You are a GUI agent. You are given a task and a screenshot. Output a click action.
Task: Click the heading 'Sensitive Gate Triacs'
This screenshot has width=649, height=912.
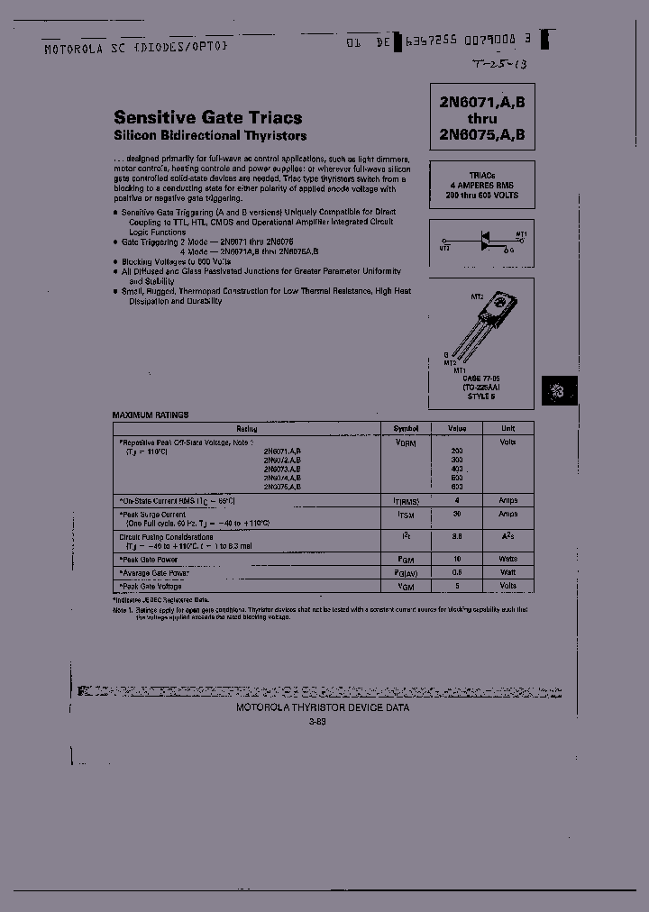click(207, 117)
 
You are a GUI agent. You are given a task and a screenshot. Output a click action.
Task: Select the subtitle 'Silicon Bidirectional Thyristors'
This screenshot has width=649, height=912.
click(210, 136)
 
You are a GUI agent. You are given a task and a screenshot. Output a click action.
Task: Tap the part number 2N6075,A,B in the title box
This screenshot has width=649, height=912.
click(482, 135)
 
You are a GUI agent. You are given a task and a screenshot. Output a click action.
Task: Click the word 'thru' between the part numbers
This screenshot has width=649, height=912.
click(482, 119)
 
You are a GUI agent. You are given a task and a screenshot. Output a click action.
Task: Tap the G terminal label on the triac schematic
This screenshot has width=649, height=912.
click(512, 250)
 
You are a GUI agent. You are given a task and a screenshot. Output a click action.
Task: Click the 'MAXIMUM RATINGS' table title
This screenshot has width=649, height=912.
click(151, 415)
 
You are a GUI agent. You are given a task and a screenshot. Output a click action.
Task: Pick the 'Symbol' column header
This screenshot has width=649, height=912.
click(406, 429)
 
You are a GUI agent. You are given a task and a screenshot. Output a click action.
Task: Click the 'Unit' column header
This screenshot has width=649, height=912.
click(508, 429)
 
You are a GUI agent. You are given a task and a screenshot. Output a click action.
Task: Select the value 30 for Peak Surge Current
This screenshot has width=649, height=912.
click(456, 514)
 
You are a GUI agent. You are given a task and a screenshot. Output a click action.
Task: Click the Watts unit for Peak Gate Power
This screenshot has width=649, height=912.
click(508, 560)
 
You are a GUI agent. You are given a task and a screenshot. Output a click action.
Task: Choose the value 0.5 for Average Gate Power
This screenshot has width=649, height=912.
click(456, 572)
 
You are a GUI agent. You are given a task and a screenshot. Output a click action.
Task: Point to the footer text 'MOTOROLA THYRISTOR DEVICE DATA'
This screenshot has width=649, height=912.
click(323, 707)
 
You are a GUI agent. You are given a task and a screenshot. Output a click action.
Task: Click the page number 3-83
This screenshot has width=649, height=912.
click(316, 722)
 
